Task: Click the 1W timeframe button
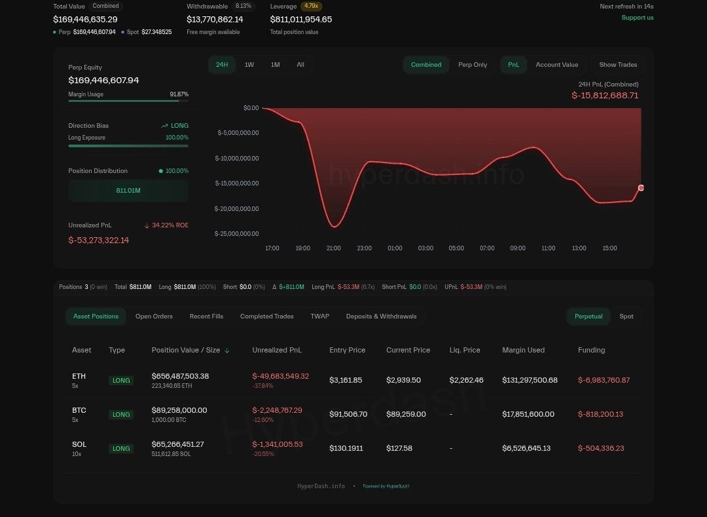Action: [x=249, y=65]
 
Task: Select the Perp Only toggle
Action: [x=473, y=65]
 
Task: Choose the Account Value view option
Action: [x=556, y=65]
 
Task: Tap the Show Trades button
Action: [x=618, y=65]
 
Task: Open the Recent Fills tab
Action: [x=206, y=316]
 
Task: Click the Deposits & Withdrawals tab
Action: [x=381, y=316]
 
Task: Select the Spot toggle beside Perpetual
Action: [x=626, y=316]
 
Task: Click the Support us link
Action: [x=637, y=18]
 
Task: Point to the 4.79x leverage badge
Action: [x=311, y=7]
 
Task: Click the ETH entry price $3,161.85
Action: [x=346, y=380]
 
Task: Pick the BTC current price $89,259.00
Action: [x=406, y=414]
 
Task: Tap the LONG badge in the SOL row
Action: [x=121, y=449]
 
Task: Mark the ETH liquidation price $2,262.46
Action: [x=466, y=380]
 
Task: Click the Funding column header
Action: [x=591, y=350]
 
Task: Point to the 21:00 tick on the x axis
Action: [x=334, y=248]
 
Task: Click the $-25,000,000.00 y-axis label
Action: [x=237, y=234]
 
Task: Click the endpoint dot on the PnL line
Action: [x=641, y=188]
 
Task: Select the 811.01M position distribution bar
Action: [x=128, y=191]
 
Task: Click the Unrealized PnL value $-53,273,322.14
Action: [x=99, y=240]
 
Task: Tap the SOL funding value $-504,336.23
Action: [x=601, y=448]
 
